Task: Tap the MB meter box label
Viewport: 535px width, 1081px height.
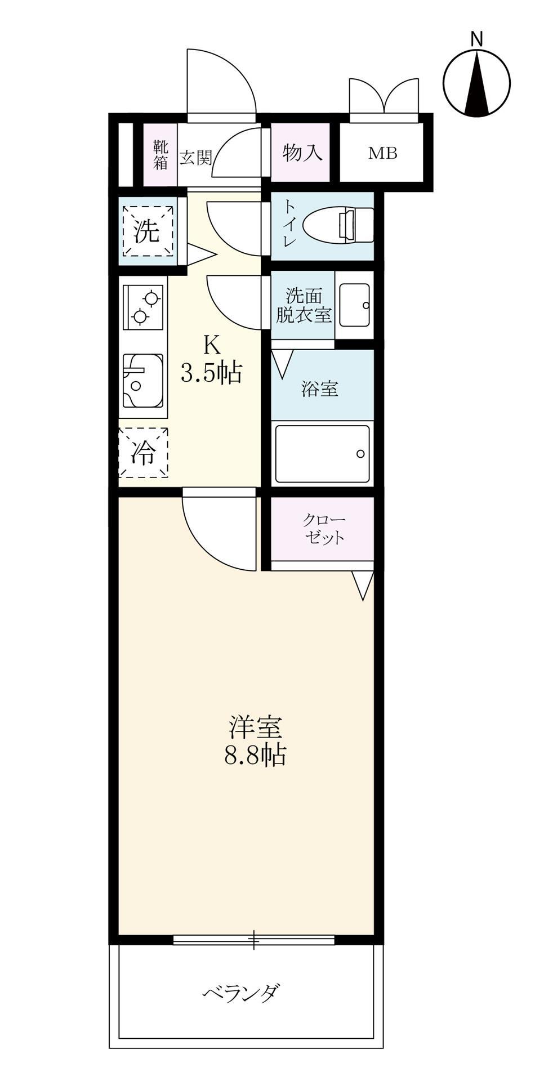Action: pos(382,153)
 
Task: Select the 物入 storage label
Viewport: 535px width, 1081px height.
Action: pos(303,153)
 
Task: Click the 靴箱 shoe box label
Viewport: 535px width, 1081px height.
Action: pos(160,155)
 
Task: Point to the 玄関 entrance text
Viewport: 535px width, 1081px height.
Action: pos(195,158)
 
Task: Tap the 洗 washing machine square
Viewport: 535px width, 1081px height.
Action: pos(148,231)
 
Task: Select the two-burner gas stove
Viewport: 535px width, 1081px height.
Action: pos(143,307)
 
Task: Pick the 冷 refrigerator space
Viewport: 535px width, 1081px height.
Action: pos(143,452)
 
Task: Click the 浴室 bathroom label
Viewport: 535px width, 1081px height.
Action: pos(320,388)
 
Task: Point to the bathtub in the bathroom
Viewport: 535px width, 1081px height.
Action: pos(322,454)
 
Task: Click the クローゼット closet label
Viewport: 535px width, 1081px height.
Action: pos(324,528)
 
